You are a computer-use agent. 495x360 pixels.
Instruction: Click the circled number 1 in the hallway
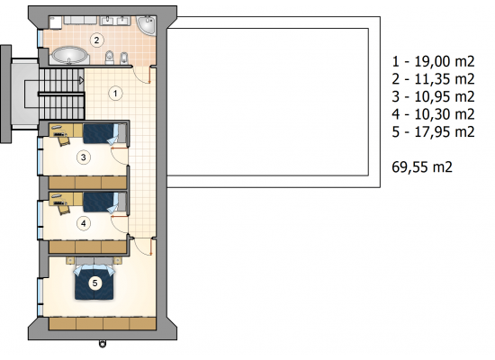coord(115,94)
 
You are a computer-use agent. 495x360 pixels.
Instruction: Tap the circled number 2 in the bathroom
coord(96,40)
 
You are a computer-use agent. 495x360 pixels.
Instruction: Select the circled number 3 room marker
coord(84,157)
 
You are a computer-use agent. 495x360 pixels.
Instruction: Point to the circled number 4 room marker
coord(84,223)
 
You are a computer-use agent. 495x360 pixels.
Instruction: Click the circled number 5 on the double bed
coord(95,283)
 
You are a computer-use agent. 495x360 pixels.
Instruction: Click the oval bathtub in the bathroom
coord(69,56)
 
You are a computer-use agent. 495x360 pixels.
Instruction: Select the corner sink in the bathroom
coord(147,24)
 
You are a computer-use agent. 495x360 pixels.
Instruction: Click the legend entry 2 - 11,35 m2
coord(433,79)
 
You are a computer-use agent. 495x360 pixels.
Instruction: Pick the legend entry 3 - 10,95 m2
coord(433,96)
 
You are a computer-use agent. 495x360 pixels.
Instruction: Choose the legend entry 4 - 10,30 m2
coord(433,114)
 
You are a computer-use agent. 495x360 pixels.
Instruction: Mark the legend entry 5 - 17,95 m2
coord(433,131)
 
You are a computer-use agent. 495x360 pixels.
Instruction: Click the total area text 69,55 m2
coord(422,166)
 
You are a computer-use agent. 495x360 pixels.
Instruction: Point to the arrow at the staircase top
coord(81,80)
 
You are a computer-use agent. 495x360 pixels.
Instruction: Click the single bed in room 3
coord(104,133)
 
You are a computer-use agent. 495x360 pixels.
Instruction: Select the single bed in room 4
coord(104,202)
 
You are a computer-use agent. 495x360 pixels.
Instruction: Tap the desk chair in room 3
coord(64,139)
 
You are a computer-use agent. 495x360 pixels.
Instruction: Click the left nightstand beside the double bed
coord(70,260)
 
